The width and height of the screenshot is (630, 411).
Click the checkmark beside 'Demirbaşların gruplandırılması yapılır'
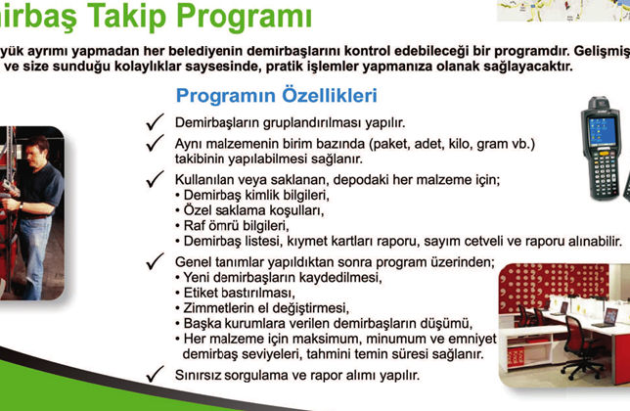(x=153, y=122)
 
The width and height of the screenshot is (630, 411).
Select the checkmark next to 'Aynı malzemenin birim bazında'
(x=153, y=144)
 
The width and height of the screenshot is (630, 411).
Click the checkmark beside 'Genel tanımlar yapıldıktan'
(x=153, y=261)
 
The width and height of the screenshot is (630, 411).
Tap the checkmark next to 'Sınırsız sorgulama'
(x=153, y=374)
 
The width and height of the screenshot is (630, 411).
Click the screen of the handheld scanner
(x=599, y=121)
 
